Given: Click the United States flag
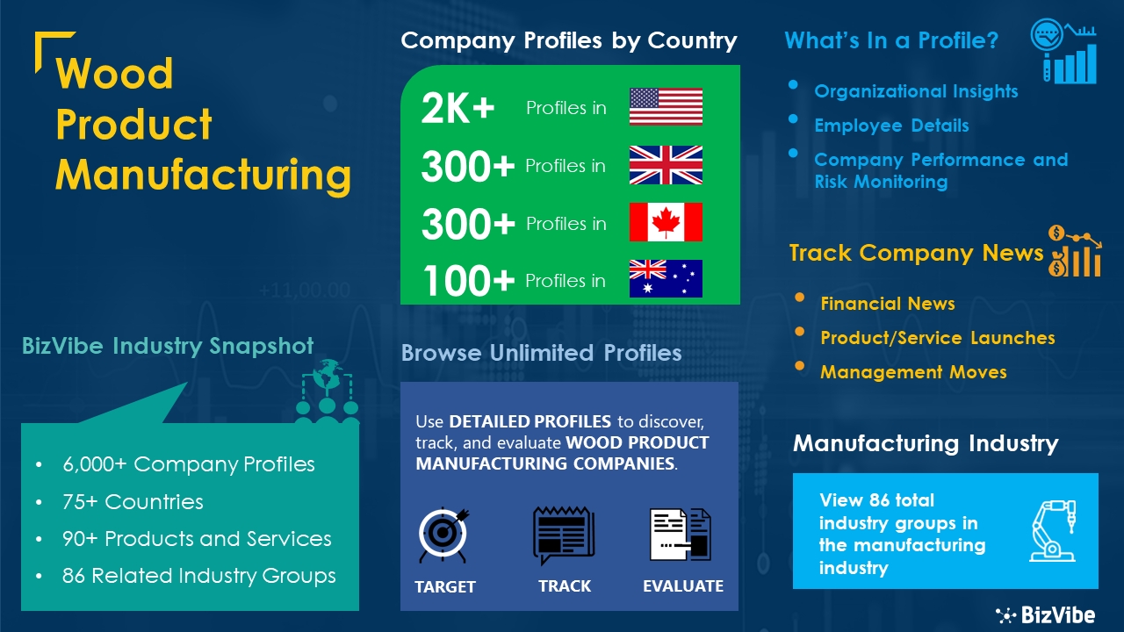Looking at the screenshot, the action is (666, 106).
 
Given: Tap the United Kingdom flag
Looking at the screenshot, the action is (666, 165).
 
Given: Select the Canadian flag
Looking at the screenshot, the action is (666, 222).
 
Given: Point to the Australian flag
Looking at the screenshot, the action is (666, 279).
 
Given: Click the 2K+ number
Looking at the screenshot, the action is (458, 108).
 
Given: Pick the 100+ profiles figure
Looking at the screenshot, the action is (469, 280).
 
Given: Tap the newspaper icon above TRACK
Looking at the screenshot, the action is (564, 535).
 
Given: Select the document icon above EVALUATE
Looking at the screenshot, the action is (681, 535).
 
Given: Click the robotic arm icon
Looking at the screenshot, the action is (1053, 531).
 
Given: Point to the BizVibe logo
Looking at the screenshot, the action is (1046, 615).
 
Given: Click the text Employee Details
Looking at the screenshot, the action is (891, 126).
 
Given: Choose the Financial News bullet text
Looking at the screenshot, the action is (888, 304).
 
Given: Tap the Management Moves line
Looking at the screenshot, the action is (913, 372).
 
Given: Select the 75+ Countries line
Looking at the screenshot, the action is (133, 501).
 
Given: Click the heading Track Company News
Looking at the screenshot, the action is (916, 253).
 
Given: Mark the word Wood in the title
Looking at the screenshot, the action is (114, 73).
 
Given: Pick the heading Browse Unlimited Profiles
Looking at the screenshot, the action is (542, 353).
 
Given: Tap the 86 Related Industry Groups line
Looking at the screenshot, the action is (198, 576).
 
